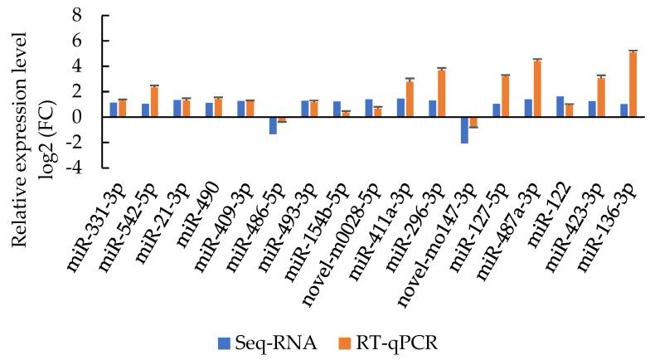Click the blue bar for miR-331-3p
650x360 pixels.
[x=114, y=109]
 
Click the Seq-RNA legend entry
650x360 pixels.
[x=256, y=340]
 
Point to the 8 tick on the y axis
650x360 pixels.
[x=77, y=16]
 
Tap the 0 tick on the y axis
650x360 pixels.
[x=77, y=118]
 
